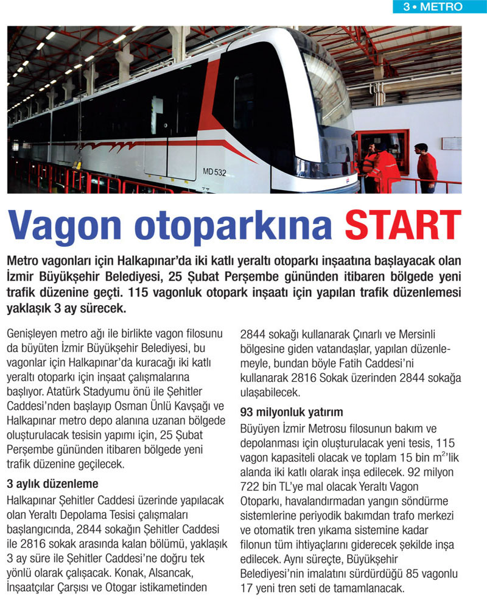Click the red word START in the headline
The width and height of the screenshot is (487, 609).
point(404,227)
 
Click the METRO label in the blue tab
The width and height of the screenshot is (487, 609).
point(441,7)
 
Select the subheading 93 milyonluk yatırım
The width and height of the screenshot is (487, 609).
point(291,412)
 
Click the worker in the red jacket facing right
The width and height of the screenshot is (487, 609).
point(427,167)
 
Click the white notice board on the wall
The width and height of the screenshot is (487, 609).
point(451,144)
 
